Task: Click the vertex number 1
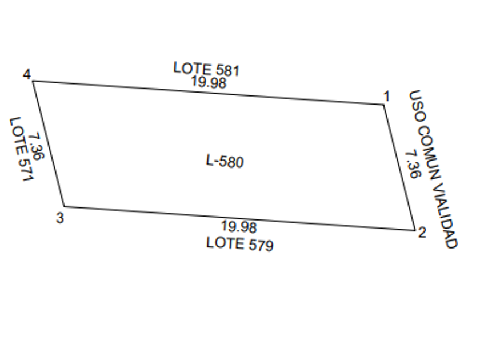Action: (386, 96)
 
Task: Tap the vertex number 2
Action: (422, 233)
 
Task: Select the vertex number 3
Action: (60, 217)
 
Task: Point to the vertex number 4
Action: (26, 75)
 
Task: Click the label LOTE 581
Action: (206, 69)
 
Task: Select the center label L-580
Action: (225, 162)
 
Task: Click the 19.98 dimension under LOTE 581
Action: (209, 82)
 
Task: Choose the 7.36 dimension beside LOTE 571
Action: (36, 147)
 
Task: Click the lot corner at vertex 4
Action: (33, 81)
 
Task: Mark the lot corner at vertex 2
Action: (414, 231)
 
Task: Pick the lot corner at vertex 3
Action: (63, 206)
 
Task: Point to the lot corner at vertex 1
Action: (383, 105)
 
